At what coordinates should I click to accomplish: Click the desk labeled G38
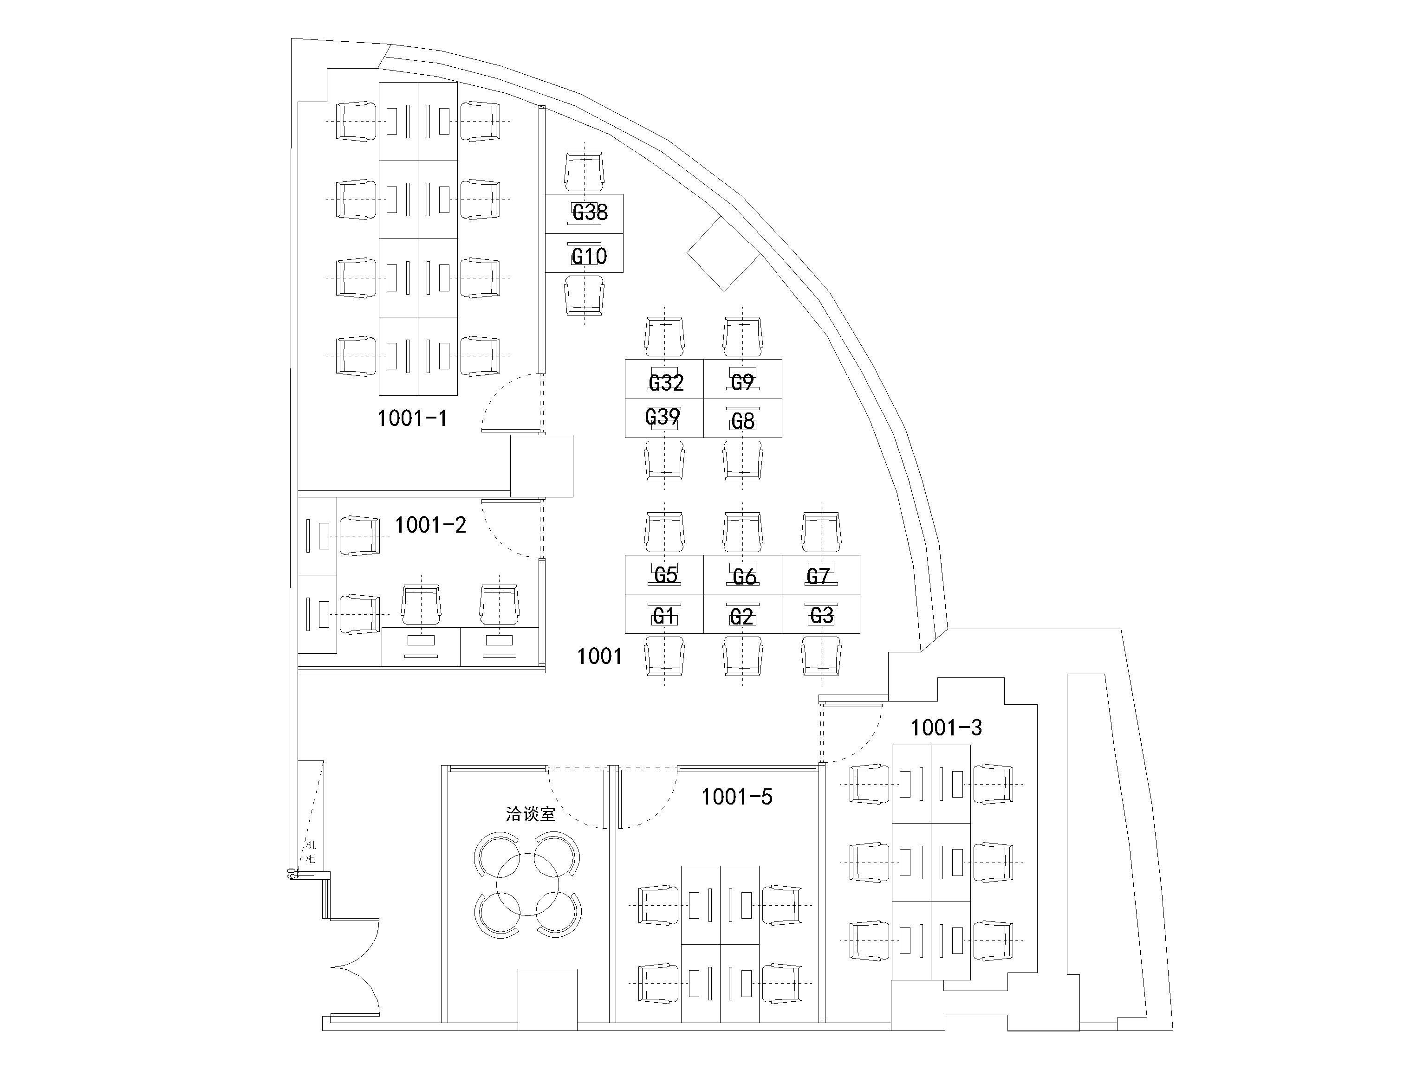(590, 212)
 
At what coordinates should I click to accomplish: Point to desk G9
(743, 381)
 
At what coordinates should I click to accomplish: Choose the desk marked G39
(663, 417)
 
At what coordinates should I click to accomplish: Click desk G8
(743, 420)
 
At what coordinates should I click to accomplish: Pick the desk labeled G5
(665, 575)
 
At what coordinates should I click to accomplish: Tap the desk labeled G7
(819, 576)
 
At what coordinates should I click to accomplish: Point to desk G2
(741, 617)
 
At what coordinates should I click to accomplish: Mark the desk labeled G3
(822, 615)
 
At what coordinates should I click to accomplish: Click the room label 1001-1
(412, 418)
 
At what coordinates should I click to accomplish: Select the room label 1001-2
(430, 524)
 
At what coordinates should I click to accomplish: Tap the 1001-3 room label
(946, 727)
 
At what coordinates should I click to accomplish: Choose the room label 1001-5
(737, 796)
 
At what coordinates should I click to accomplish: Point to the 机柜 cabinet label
(311, 852)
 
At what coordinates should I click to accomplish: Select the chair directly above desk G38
(584, 171)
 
